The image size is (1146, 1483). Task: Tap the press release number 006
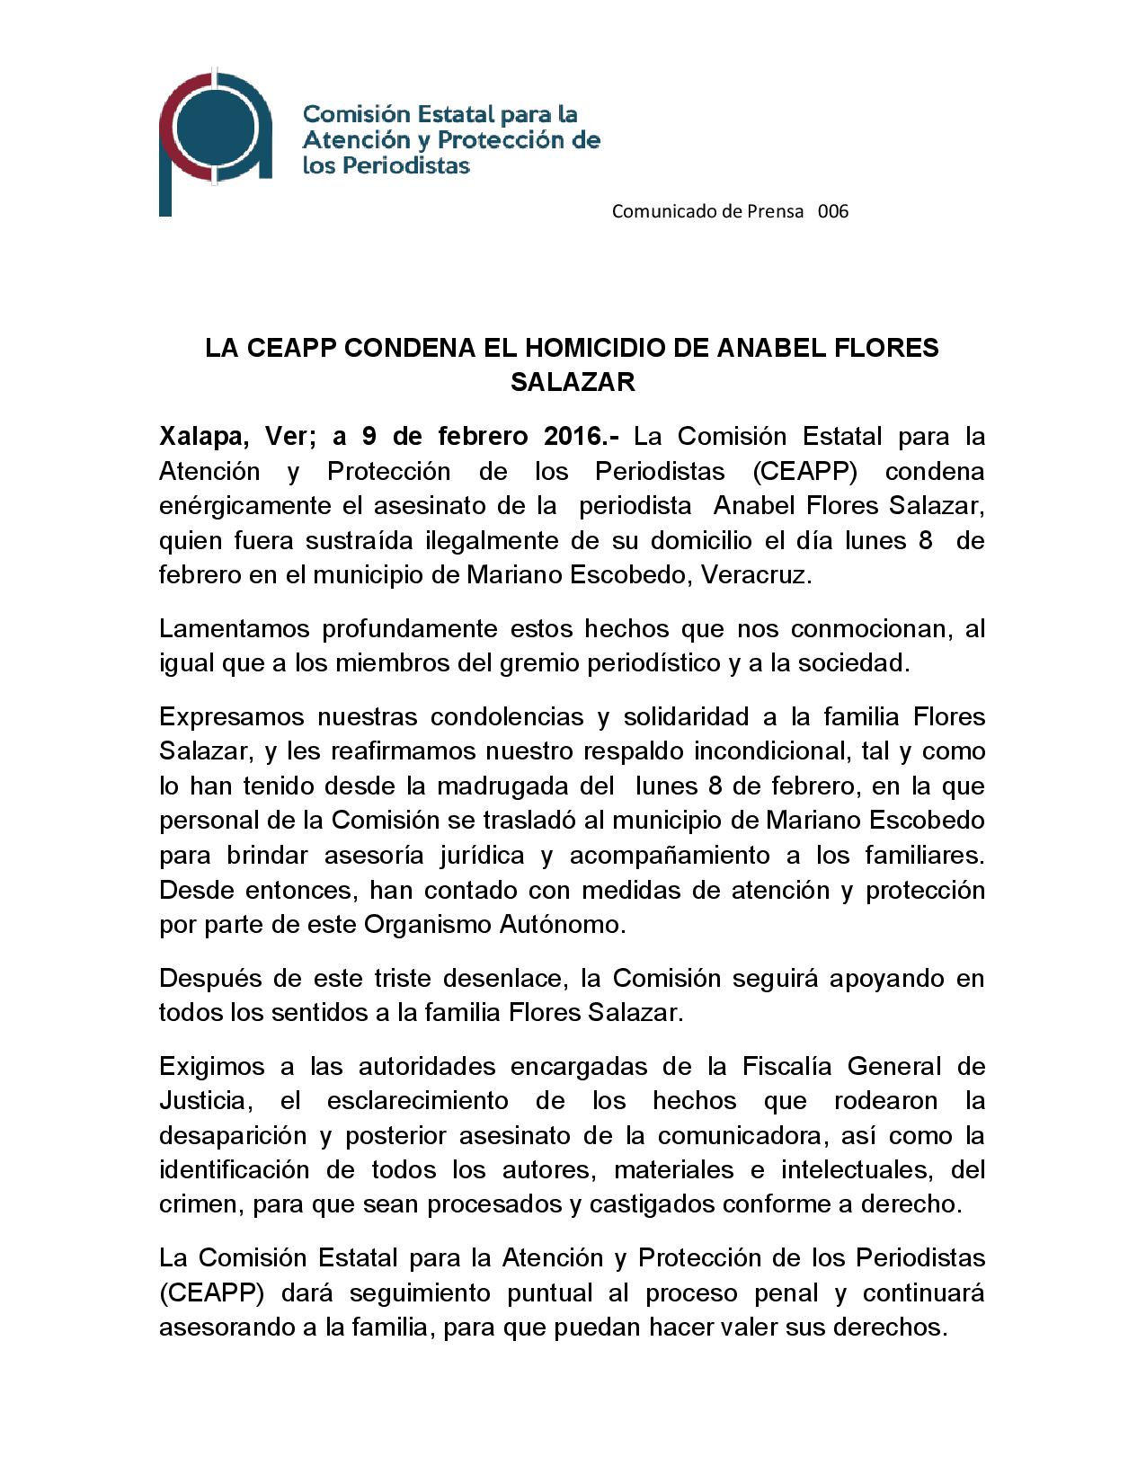click(833, 211)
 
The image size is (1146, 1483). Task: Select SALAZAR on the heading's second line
click(573, 382)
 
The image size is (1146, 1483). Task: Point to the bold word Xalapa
click(204, 437)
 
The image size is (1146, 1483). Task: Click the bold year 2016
click(575, 437)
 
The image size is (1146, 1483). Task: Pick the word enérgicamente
click(245, 506)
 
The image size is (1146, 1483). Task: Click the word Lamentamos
click(234, 628)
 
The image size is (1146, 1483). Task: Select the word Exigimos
click(211, 1066)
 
